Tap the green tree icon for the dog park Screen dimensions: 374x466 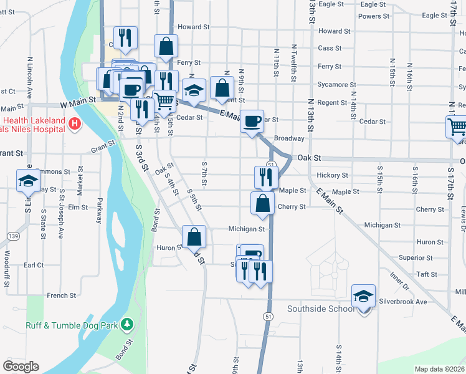(x=127, y=324)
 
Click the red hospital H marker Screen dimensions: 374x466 (x=75, y=123)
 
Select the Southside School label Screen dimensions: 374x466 (x=321, y=309)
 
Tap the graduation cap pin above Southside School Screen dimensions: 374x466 (x=363, y=296)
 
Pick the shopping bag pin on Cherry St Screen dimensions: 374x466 (x=263, y=203)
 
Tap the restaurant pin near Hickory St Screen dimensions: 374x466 (x=266, y=177)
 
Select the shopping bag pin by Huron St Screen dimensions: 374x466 (x=194, y=237)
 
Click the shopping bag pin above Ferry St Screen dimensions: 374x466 (x=166, y=46)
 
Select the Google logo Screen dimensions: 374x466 (x=21, y=367)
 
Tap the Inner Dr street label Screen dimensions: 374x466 (x=399, y=280)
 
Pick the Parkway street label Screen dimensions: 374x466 (x=99, y=211)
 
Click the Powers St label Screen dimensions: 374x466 (x=374, y=16)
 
